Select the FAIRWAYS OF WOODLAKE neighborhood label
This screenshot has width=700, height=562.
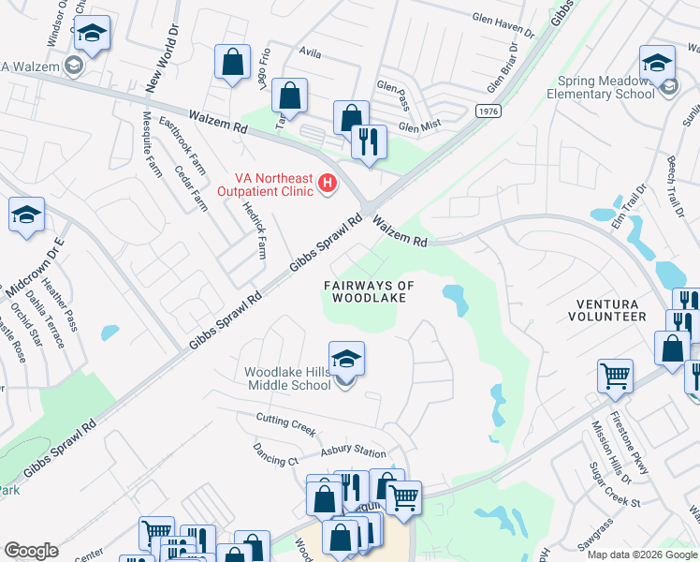coord(369,291)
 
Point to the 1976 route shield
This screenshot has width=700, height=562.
coord(487,111)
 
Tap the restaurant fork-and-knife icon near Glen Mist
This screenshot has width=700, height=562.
coord(369,142)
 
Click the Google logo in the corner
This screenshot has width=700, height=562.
coord(31,551)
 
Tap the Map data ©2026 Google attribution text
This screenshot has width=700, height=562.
coord(641,555)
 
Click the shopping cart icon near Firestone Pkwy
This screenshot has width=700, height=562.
coord(615,377)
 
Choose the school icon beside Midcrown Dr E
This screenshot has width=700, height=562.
coord(27,214)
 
